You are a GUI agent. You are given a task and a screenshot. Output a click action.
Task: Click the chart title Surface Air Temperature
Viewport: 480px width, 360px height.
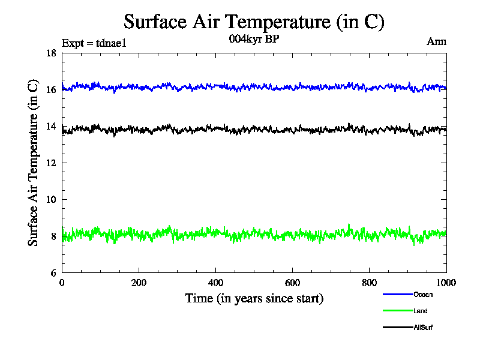[x=254, y=22]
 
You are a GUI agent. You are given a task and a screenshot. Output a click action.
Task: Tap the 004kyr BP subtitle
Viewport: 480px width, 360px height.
[x=254, y=40]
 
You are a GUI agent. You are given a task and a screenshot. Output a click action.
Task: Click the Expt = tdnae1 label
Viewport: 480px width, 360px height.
[x=94, y=43]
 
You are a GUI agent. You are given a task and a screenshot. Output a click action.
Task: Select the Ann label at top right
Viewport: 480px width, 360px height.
[x=436, y=42]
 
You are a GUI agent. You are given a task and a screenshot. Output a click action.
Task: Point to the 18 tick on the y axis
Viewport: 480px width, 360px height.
[x=51, y=53]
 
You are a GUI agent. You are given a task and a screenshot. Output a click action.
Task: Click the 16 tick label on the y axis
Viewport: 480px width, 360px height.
[x=51, y=90]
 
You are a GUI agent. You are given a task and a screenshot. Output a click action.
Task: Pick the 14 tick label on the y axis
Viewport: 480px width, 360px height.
[x=51, y=127]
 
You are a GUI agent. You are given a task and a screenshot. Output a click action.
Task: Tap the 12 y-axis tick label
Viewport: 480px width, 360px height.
[x=51, y=163]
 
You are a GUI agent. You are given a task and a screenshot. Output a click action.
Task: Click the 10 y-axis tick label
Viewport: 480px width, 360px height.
[x=51, y=200]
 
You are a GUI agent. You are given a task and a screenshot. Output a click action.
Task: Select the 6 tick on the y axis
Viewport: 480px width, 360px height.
[x=53, y=273]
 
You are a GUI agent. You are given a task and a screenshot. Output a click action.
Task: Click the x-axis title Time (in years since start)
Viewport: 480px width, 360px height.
[x=254, y=298]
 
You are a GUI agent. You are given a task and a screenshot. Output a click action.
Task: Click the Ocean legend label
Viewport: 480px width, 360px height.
[x=422, y=295]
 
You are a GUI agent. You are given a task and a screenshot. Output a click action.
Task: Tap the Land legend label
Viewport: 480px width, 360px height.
[x=420, y=311]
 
